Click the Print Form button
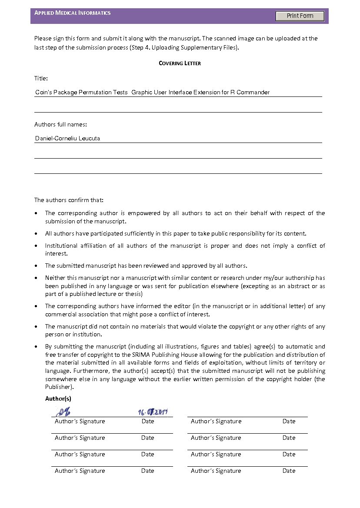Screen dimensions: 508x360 click(300, 16)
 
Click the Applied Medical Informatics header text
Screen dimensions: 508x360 click(73, 13)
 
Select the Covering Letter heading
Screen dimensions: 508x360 click(180, 63)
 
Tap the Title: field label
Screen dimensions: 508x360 click(41, 78)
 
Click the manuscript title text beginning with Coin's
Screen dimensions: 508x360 click(152, 92)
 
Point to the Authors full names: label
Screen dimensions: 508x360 click(60, 125)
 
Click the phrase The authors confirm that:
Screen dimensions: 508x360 click(69, 200)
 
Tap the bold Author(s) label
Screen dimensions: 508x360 click(58, 398)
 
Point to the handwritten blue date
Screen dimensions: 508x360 click(153, 412)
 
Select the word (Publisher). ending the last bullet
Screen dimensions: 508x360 click(60, 387)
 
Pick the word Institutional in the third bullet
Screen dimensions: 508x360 click(62, 246)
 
